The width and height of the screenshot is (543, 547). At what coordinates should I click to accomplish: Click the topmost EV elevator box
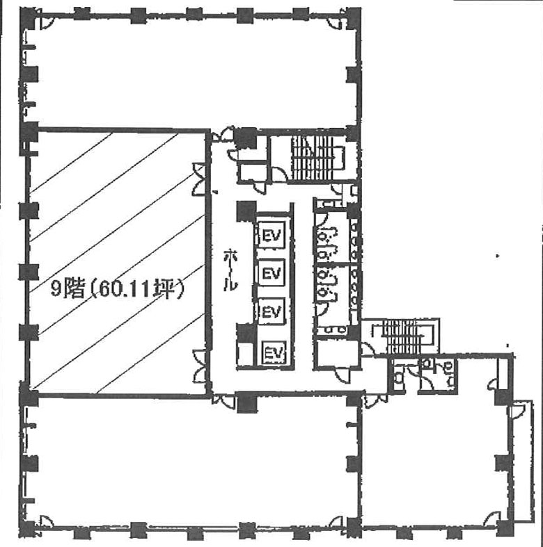coord(271,234)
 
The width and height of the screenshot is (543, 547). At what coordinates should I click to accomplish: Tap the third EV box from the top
coord(271,311)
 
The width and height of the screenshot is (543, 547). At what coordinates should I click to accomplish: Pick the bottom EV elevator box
coord(274,352)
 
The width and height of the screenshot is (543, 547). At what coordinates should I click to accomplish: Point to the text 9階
coord(68,289)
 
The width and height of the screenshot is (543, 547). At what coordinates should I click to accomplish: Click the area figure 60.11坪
coord(137,290)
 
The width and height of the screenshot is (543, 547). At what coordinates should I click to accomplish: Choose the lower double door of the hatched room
coord(200,366)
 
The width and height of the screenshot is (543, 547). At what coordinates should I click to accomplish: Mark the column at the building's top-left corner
coord(29,17)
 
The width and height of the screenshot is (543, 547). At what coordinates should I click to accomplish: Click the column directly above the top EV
coord(246,211)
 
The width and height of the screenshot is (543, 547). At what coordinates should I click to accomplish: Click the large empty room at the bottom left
coord(191,462)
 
